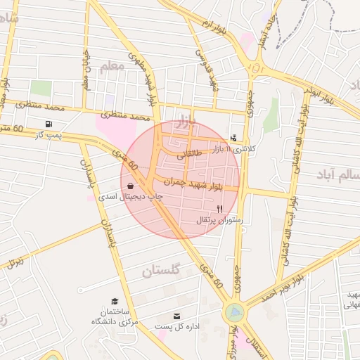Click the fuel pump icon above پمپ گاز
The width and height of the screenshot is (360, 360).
[x=47, y=124]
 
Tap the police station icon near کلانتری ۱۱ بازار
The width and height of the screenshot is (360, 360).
[x=233, y=137]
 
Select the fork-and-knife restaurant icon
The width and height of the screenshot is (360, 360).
[x=219, y=209]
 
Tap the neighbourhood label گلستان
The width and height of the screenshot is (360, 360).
[x=162, y=270]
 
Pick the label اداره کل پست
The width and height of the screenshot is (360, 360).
[x=177, y=327]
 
